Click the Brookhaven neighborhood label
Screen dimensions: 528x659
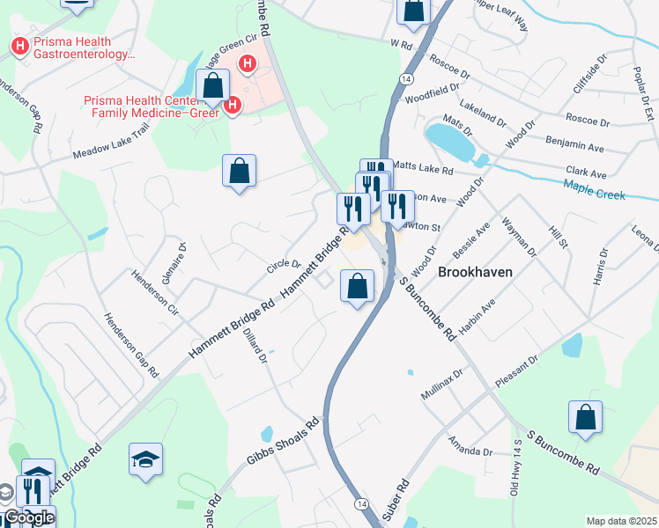[475, 273]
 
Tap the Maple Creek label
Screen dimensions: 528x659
[595, 188]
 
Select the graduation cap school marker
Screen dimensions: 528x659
[146, 459]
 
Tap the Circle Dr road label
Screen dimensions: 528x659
[285, 263]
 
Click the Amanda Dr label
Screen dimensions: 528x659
[470, 446]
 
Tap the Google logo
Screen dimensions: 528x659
[29, 517]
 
